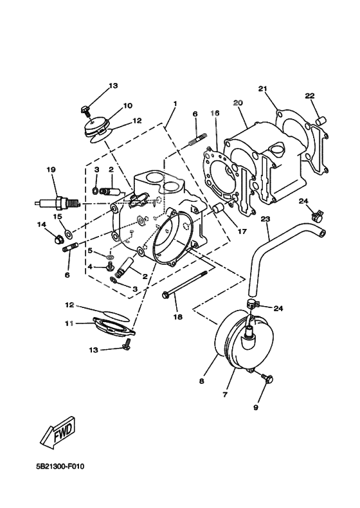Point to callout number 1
tap(174, 103)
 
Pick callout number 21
tap(262, 88)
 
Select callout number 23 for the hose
tap(264, 219)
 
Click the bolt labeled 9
tap(268, 380)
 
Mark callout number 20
tap(237, 103)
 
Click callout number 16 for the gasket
tap(215, 113)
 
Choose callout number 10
tap(127, 105)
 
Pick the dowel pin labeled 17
tap(217, 209)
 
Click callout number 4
tap(91, 266)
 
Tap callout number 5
tap(91, 250)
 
